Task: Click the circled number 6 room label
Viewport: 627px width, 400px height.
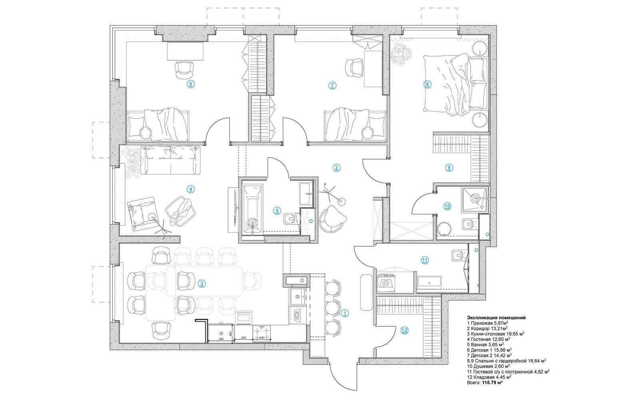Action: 191,84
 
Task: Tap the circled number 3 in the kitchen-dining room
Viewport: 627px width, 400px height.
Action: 201,284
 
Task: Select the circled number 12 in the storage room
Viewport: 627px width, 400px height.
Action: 404,330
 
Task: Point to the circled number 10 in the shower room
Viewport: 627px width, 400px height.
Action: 447,206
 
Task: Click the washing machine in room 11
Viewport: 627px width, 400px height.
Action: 386,283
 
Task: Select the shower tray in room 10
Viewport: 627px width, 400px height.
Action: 475,199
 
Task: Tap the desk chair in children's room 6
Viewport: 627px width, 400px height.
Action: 185,70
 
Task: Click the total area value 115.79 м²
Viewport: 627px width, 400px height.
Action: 492,382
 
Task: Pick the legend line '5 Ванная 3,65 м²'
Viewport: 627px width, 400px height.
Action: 486,344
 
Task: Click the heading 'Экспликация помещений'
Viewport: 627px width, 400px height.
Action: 496,318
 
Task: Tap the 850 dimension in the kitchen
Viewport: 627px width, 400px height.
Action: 221,339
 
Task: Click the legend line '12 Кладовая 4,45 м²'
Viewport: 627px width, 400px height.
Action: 489,377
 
